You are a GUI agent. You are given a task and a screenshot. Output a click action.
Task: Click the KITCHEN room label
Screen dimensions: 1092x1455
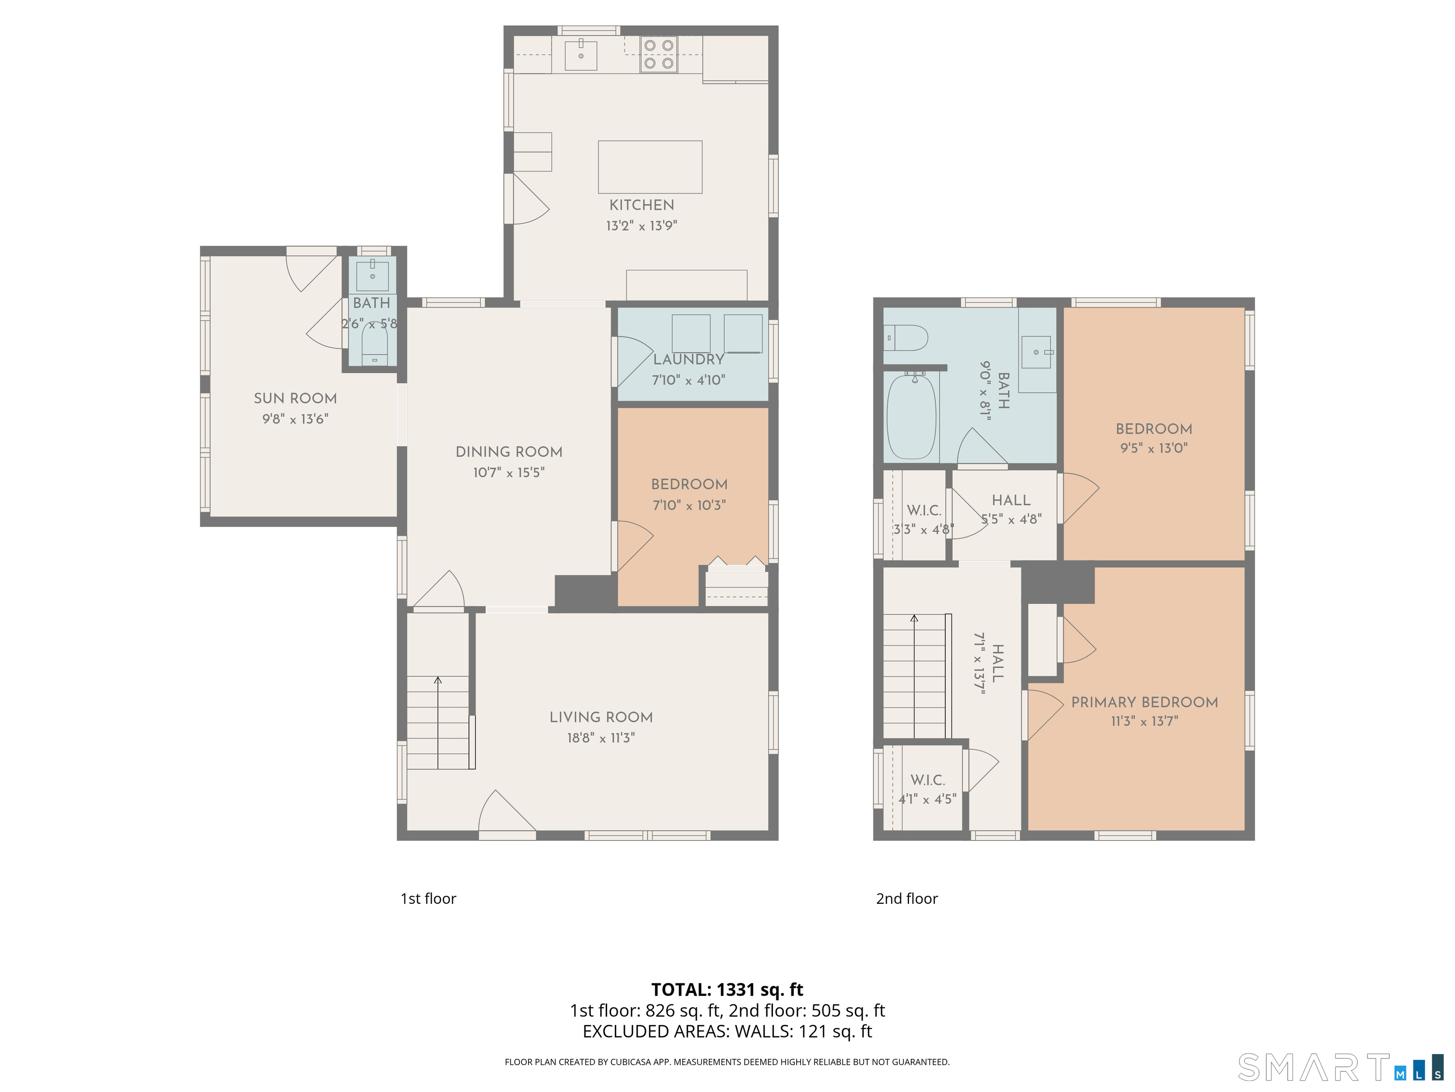click(x=641, y=205)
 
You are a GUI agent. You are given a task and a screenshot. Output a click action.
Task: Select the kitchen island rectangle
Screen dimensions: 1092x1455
click(x=650, y=166)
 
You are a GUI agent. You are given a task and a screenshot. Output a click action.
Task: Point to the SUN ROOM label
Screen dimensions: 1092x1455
click(x=296, y=398)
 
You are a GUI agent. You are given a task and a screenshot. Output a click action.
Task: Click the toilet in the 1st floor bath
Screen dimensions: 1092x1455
click(x=374, y=346)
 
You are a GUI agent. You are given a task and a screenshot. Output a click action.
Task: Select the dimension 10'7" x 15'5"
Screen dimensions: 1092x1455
click(x=509, y=473)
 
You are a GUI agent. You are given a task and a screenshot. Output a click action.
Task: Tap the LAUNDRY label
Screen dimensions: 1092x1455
click(x=689, y=359)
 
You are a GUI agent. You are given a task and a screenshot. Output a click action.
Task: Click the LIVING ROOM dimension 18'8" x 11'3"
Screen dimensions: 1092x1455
click(x=601, y=738)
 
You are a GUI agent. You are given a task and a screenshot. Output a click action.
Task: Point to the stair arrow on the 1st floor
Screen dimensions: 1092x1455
click(x=438, y=681)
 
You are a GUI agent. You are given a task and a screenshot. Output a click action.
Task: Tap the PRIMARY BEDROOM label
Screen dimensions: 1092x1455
click(x=1144, y=702)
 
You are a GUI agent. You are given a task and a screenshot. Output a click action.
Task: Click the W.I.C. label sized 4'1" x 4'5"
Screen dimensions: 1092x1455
click(x=927, y=780)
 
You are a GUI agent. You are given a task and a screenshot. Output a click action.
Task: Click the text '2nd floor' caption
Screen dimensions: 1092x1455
click(x=907, y=899)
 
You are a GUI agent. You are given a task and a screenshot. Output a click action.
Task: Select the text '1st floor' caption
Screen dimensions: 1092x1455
click(x=428, y=899)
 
